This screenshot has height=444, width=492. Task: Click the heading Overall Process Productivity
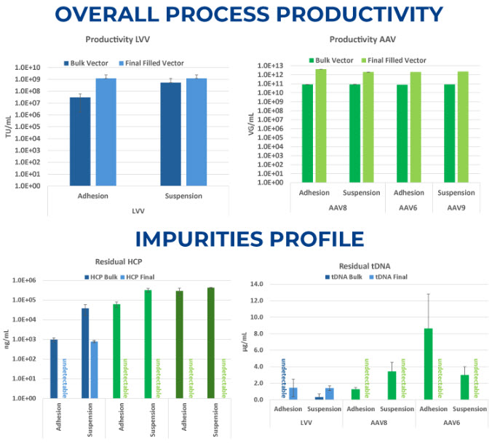(x=246, y=15)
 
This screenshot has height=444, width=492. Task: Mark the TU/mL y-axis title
(x=9, y=126)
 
